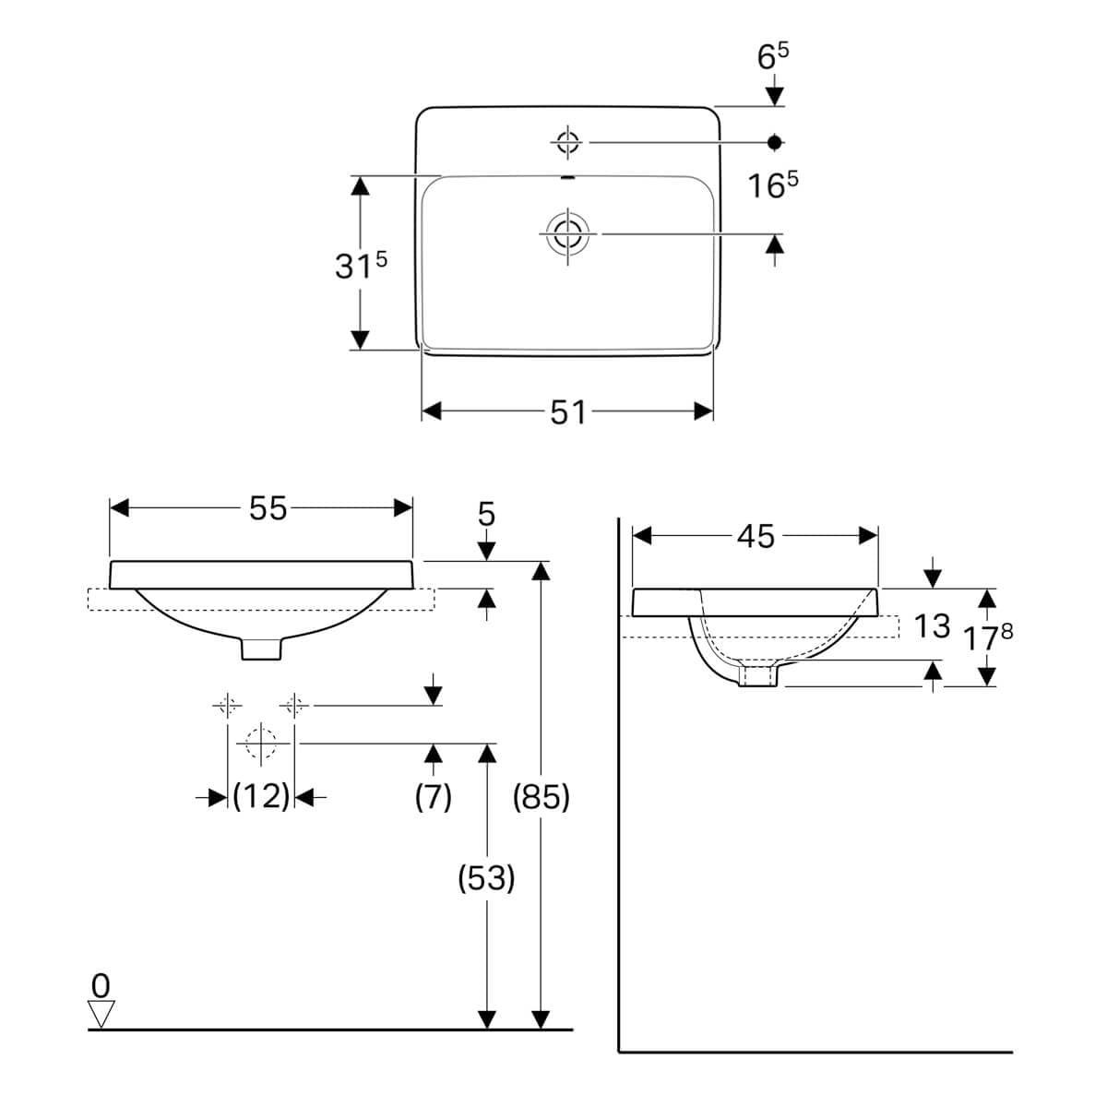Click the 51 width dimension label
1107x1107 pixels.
pyautogui.click(x=567, y=412)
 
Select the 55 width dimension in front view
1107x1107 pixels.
pyautogui.click(x=268, y=508)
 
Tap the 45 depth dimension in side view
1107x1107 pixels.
pyautogui.click(x=756, y=536)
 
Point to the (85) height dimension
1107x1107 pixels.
pyautogui.click(x=542, y=797)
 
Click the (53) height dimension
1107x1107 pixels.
pyautogui.click(x=486, y=879)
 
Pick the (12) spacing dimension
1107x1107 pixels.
pyautogui.click(x=261, y=796)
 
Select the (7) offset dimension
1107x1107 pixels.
pyautogui.click(x=433, y=796)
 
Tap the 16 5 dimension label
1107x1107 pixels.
pyautogui.click(x=772, y=185)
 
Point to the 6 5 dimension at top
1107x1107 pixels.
pyautogui.click(x=773, y=57)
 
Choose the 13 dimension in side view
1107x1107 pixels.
pyautogui.click(x=932, y=626)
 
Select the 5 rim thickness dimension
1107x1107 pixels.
pyautogui.click(x=487, y=514)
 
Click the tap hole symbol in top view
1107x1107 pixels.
pyautogui.click(x=567, y=142)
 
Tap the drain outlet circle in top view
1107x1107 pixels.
pyautogui.click(x=567, y=233)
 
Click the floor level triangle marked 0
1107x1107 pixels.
pyautogui.click(x=101, y=1014)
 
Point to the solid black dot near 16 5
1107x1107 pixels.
pyautogui.click(x=775, y=142)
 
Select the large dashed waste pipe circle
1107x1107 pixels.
pyautogui.click(x=261, y=743)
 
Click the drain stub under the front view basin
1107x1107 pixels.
pyautogui.click(x=261, y=649)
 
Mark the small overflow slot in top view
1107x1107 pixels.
pyautogui.click(x=567, y=177)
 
